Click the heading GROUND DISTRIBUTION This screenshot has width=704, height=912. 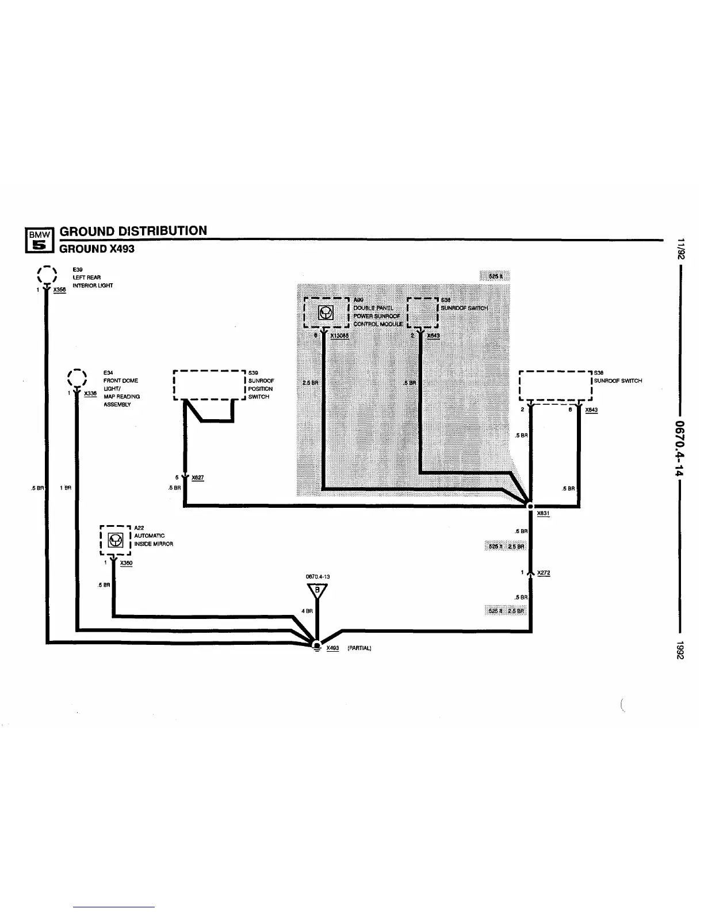133,231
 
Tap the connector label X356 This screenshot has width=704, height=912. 60,290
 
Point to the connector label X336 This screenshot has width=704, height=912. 90,394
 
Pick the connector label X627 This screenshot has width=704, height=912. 198,478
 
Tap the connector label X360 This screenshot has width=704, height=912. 127,563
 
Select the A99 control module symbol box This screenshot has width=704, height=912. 326,313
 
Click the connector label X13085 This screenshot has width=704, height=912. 340,336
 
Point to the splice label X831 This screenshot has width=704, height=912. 543,514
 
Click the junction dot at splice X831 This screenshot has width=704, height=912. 530,507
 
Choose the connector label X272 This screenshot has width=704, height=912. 544,573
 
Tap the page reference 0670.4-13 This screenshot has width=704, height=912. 317,576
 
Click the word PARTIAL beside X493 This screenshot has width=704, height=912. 359,648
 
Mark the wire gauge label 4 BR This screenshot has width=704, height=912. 307,611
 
